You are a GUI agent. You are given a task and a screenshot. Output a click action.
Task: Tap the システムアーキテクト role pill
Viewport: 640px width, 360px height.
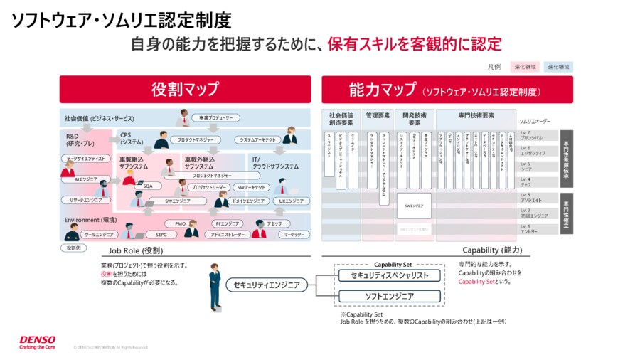(257, 140)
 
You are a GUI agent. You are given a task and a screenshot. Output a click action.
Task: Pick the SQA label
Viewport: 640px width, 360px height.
(147, 186)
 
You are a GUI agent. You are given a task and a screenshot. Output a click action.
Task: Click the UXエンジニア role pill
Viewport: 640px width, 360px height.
(291, 201)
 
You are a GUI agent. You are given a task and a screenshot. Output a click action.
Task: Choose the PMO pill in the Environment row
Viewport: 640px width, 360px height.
(180, 223)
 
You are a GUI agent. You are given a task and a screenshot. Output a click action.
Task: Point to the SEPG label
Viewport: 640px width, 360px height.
(161, 234)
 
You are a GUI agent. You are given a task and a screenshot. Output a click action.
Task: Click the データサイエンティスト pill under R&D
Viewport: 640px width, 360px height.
(85, 158)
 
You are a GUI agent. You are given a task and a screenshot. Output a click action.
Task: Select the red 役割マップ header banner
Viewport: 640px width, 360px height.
(185, 90)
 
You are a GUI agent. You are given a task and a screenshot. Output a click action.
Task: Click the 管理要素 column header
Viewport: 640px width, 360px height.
(378, 115)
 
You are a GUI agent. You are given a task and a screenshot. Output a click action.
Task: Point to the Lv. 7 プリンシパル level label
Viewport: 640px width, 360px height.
(533, 135)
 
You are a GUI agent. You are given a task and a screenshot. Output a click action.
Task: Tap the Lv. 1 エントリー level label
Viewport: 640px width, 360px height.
(530, 229)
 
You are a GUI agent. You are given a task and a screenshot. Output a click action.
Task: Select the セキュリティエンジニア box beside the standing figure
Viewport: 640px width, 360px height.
(267, 285)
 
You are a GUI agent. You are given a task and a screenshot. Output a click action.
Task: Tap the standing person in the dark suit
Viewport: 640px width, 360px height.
(214, 286)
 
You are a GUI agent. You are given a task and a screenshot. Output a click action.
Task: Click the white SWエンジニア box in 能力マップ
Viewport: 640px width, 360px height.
(413, 206)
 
